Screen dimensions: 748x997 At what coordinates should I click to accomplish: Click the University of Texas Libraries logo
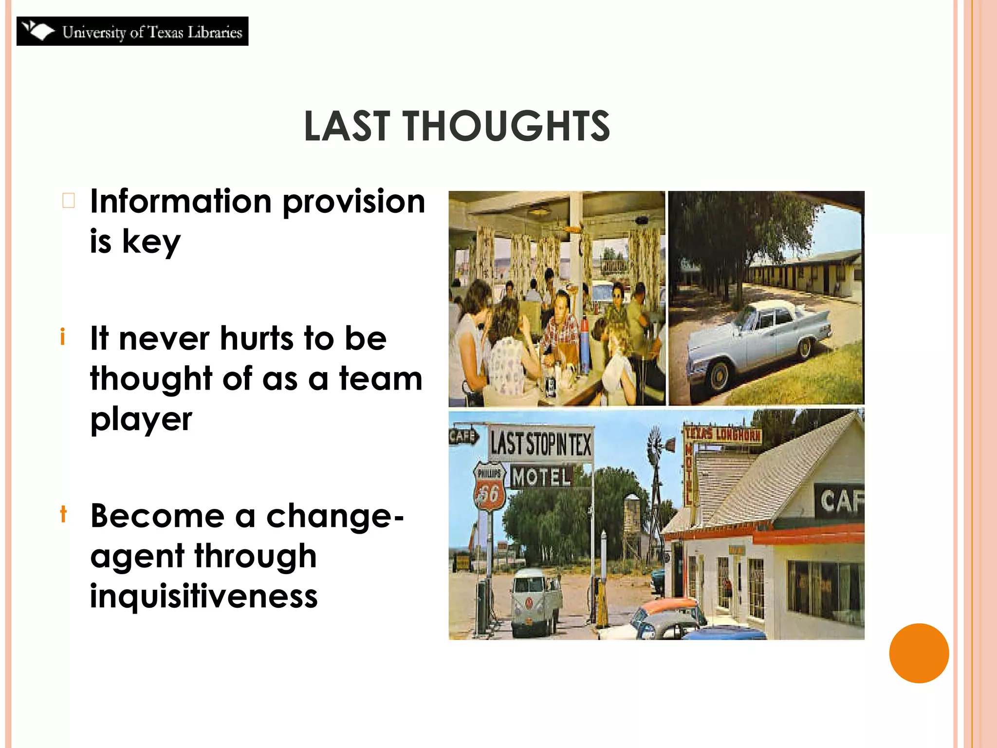tap(132, 31)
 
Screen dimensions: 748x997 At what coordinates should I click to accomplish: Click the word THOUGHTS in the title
tap(506, 126)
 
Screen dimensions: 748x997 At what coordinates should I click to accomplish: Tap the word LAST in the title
tap(347, 126)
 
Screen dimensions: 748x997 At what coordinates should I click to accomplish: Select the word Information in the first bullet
tap(181, 202)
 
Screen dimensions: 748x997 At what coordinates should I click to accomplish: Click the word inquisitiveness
tap(203, 596)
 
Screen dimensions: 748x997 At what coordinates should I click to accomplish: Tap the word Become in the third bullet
tap(157, 516)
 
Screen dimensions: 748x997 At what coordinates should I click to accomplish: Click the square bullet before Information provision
tap(69, 200)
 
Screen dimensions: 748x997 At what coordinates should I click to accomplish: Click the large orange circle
tap(919, 653)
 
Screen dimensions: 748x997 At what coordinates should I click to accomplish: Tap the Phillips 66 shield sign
tap(489, 486)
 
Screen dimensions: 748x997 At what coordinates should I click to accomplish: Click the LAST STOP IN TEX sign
tap(540, 444)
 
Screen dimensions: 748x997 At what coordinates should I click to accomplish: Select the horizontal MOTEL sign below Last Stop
tap(541, 477)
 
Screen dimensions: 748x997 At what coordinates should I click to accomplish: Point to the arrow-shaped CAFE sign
tap(462, 436)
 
